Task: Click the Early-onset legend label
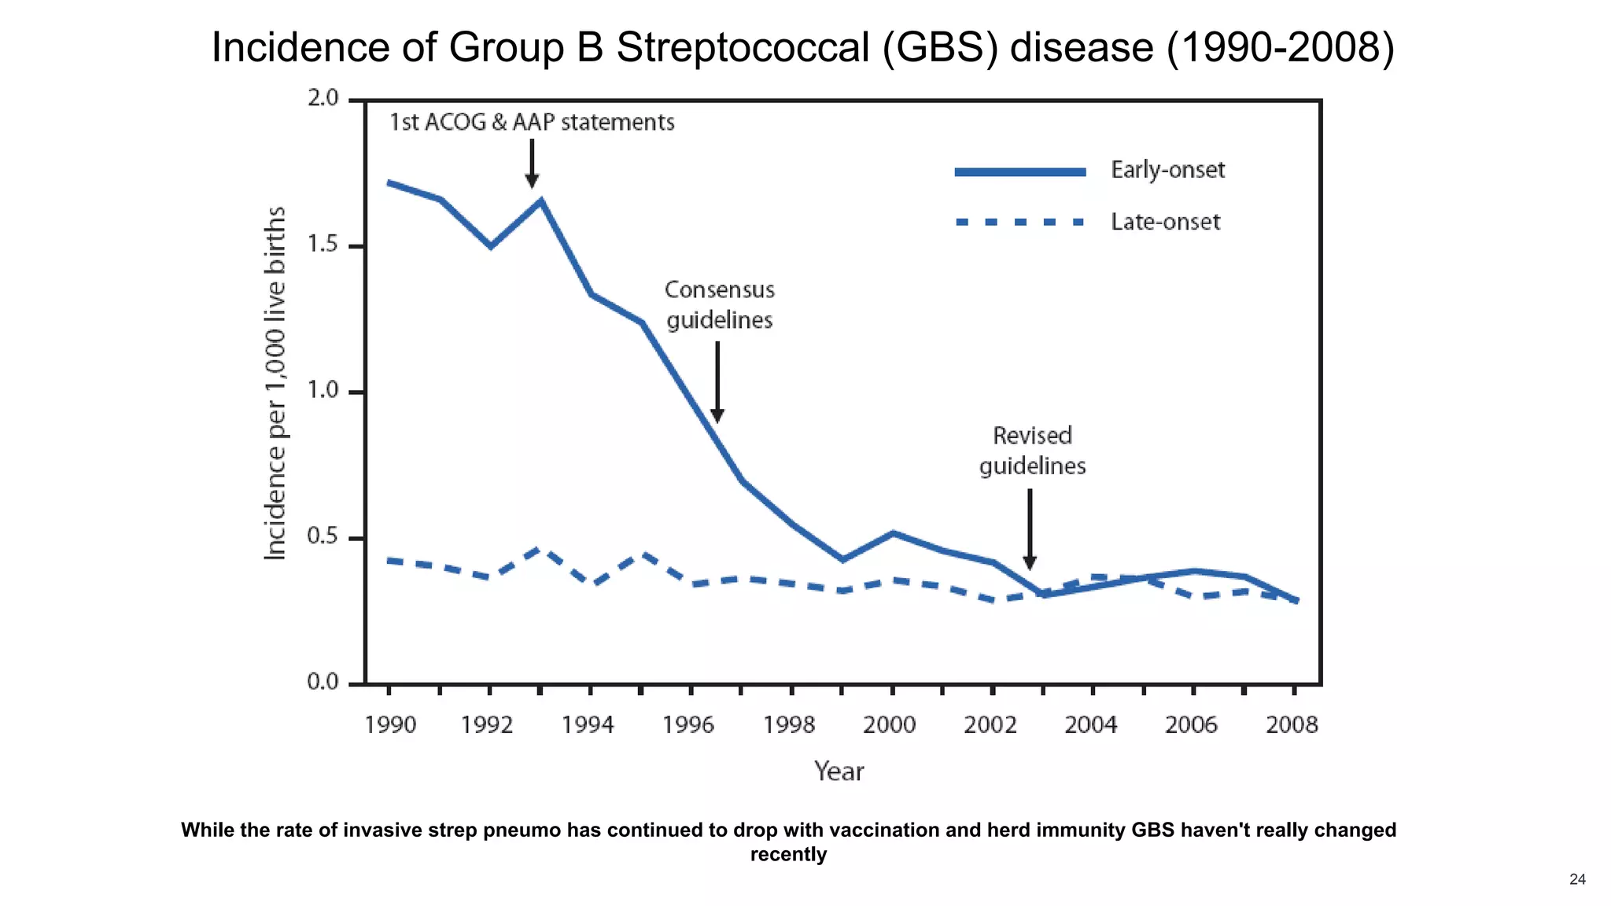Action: [1167, 170]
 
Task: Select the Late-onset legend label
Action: [1165, 222]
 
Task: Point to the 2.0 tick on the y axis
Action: [323, 98]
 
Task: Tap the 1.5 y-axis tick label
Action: [323, 245]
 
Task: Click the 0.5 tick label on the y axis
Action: [323, 537]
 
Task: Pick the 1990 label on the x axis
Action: [390, 724]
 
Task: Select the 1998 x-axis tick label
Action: [789, 724]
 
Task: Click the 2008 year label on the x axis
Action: [1291, 724]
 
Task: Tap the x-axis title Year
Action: [839, 772]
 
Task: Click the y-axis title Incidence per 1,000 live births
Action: [275, 384]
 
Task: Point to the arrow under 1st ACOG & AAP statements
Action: [532, 164]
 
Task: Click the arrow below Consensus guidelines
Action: [717, 382]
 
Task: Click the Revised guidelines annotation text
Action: [1032, 451]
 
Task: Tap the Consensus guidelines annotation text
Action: [720, 305]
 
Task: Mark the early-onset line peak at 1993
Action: [540, 201]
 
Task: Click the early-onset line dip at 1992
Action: [490, 246]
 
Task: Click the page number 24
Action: [1577, 879]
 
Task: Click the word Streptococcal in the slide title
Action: [744, 47]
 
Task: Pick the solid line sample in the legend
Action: [1020, 171]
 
